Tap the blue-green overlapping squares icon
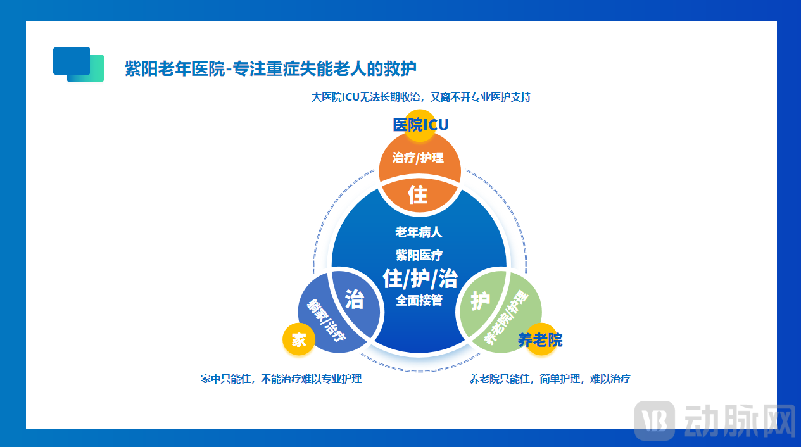pyautogui.click(x=78, y=65)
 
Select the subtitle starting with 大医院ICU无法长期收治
pyautogui.click(x=420, y=98)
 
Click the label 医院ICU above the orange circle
pyautogui.click(x=420, y=125)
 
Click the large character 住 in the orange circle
pyautogui.click(x=418, y=194)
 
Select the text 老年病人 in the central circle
pyautogui.click(x=419, y=232)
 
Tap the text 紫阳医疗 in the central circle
pyautogui.click(x=419, y=255)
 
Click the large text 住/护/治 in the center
pyautogui.click(x=420, y=278)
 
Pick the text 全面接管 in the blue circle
pyautogui.click(x=419, y=301)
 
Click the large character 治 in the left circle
pyautogui.click(x=354, y=299)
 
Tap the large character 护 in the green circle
pyautogui.click(x=481, y=301)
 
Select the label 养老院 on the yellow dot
pyautogui.click(x=540, y=340)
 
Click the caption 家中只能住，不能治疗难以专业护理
pyautogui.click(x=281, y=379)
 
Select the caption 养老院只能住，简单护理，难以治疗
pyautogui.click(x=550, y=379)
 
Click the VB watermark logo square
pyautogui.click(x=655, y=419)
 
